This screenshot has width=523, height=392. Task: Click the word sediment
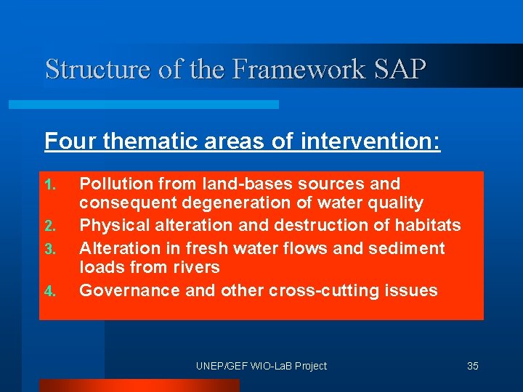click(x=406, y=248)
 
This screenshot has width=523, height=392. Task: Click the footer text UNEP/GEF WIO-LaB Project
click(x=261, y=366)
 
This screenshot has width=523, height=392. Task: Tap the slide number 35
click(x=472, y=366)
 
